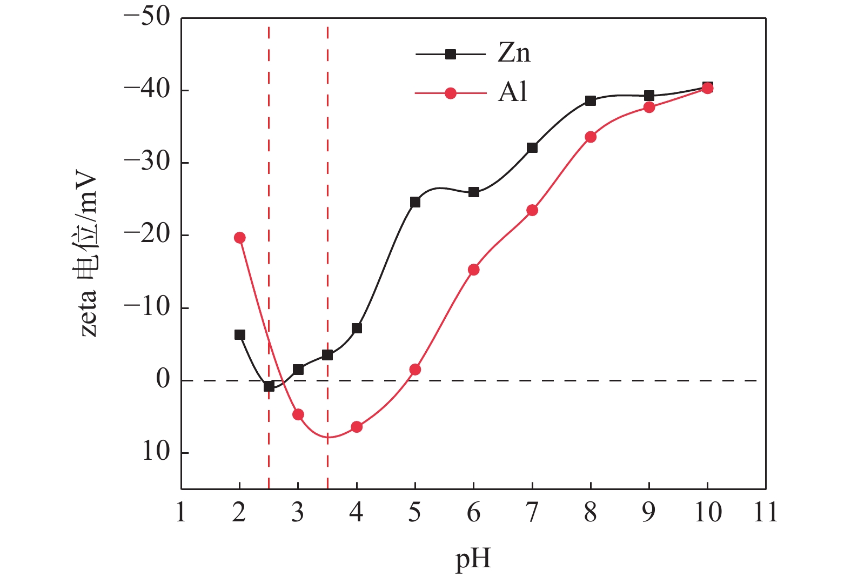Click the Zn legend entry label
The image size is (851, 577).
point(514,53)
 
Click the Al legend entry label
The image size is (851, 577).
point(512,93)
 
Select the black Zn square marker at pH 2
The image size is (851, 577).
point(240,335)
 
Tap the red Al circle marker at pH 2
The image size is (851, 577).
point(240,238)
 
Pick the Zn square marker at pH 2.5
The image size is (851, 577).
point(269,386)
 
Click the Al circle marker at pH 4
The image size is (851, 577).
point(357,427)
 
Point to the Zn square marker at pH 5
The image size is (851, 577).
point(415,202)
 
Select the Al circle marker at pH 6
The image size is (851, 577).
point(474,270)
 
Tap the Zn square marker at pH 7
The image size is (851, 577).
point(532,147)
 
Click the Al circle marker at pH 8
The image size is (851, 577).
point(591,137)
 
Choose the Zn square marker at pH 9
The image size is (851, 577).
point(649,96)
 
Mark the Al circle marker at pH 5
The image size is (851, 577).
point(415,370)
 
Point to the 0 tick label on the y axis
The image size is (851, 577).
point(163,380)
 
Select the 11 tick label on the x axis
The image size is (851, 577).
point(766,512)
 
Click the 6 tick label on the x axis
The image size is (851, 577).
point(474,512)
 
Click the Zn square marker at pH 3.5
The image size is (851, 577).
point(327,355)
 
